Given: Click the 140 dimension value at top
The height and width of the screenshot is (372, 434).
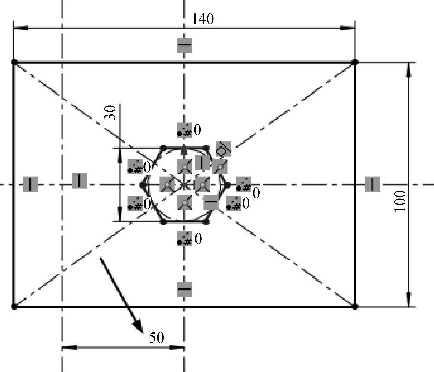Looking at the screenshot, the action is tap(203, 19).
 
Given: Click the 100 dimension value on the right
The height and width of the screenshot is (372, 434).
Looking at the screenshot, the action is tap(400, 201).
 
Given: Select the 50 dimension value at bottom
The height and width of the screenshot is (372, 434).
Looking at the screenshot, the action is tap(156, 338).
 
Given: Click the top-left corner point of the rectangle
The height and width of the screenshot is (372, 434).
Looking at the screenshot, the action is tap(14, 62).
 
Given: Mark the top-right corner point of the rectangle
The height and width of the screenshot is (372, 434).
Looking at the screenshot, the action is tap(355, 62).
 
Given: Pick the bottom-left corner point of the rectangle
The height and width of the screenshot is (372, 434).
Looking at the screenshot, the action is tap(14, 307).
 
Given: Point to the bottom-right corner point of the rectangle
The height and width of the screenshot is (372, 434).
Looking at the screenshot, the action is tap(355, 307).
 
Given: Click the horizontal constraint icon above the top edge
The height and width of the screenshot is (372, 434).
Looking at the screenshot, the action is tap(185, 45).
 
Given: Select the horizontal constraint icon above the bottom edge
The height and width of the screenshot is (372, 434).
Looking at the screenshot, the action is tap(185, 289).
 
